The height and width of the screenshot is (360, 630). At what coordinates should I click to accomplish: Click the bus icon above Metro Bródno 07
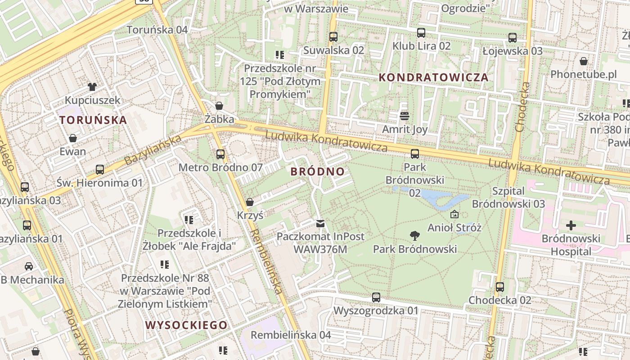220,154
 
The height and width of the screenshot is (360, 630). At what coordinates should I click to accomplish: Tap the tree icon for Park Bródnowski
414,235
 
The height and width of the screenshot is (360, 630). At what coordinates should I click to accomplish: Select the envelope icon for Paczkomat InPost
320,223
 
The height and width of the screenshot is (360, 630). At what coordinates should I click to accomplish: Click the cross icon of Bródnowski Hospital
571,225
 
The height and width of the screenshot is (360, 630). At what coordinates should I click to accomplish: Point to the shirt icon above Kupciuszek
92,86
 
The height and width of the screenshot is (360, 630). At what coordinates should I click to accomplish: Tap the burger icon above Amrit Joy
404,116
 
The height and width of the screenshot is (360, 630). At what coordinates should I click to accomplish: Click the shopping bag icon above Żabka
219,106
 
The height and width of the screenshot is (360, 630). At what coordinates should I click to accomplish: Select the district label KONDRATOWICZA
433,77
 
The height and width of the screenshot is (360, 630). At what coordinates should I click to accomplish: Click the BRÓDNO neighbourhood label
318,171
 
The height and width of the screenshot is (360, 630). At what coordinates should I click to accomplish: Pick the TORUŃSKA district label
93,120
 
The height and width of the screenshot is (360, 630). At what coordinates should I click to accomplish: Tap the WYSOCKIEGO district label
186,325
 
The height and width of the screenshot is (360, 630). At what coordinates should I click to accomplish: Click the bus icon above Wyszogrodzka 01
376,297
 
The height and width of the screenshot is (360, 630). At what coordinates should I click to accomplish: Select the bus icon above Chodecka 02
499,287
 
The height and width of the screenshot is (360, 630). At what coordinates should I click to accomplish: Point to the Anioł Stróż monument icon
454,214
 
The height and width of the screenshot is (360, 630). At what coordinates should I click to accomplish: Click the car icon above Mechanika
28,266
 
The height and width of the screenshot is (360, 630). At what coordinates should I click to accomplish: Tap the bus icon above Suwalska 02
333,37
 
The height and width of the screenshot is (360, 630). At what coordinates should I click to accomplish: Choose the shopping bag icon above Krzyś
250,202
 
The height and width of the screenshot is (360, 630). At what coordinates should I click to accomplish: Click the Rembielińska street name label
267,261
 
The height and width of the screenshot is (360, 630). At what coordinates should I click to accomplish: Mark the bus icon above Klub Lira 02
421,32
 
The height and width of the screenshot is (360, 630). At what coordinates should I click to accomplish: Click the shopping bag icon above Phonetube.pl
584,61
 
